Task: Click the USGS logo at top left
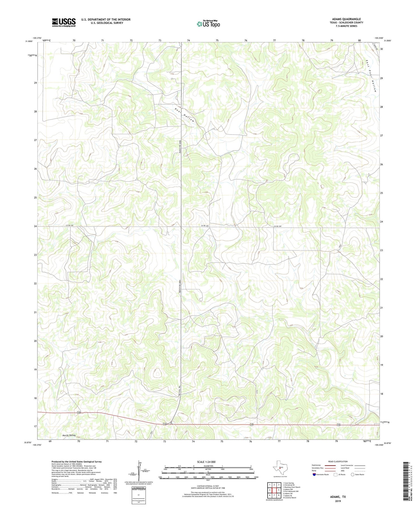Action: (x=64, y=22)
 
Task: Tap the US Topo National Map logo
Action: (x=208, y=24)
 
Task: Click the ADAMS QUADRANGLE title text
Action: (x=346, y=19)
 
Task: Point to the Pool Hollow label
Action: (x=184, y=115)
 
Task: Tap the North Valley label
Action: (x=69, y=435)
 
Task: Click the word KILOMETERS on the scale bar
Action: (x=208, y=466)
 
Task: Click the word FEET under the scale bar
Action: (x=208, y=480)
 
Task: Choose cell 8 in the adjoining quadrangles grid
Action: (x=279, y=495)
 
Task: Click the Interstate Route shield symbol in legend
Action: (x=314, y=475)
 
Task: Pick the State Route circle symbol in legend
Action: (x=353, y=475)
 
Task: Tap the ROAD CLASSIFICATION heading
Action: (x=338, y=461)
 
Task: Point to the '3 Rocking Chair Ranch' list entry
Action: (x=292, y=487)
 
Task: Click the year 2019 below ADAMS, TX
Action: (x=337, y=501)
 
